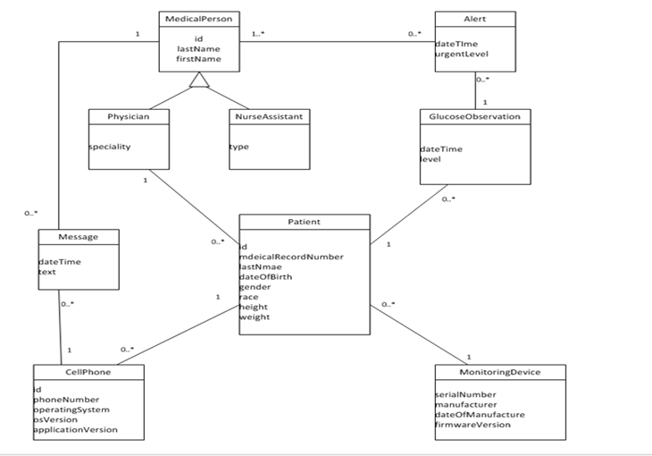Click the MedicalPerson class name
[x=198, y=19]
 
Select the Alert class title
[x=474, y=19]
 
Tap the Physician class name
[x=128, y=116]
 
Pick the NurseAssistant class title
[x=268, y=116]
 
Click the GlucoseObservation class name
[x=475, y=116]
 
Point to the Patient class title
[x=304, y=222]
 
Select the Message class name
[x=78, y=237]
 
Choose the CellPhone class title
[x=88, y=371]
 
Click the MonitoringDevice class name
[x=499, y=371]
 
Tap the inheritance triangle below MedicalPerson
[x=198, y=82]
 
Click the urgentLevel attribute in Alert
[x=461, y=54]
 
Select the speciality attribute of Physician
[x=109, y=147]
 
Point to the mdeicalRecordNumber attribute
[x=291, y=257]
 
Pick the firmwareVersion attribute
[x=472, y=425]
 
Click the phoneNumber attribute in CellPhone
[x=67, y=400]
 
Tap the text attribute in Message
[x=47, y=272]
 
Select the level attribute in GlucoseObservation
[x=431, y=159]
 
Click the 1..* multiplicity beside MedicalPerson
[x=258, y=34]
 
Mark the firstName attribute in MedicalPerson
[x=198, y=59]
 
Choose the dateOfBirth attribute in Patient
[x=266, y=276]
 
